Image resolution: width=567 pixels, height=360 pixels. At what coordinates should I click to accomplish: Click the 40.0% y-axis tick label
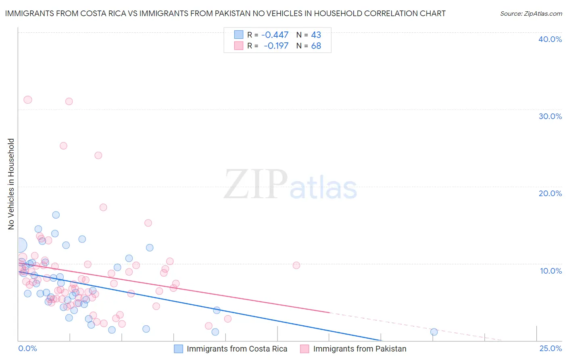(550, 39)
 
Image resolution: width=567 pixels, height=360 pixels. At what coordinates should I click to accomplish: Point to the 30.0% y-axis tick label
(550, 116)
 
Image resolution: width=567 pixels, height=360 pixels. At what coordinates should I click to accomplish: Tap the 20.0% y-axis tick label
(550, 193)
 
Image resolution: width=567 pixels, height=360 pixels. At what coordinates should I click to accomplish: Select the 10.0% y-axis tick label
(550, 271)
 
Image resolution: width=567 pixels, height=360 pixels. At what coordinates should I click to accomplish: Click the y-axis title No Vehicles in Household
(11, 184)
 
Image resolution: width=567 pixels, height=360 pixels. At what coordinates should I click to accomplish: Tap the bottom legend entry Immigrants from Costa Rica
(237, 349)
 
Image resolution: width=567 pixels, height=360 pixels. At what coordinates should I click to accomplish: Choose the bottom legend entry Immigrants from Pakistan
(359, 349)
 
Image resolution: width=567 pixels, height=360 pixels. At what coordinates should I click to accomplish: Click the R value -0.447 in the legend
(275, 35)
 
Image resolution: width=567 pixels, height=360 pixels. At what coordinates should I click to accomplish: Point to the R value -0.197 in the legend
(276, 46)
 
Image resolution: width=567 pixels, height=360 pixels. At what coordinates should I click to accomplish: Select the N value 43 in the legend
(316, 35)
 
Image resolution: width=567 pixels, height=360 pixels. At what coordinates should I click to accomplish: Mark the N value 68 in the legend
(316, 46)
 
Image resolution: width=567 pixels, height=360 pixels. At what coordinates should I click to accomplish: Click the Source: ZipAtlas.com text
(531, 14)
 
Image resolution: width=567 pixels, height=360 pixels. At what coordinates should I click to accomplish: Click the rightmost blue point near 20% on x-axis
(434, 332)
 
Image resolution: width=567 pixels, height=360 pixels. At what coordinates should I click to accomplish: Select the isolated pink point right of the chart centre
(296, 265)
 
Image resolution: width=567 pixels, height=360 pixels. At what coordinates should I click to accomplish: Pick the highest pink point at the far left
(28, 100)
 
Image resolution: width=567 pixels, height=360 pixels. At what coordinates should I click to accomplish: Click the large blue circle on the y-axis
(19, 245)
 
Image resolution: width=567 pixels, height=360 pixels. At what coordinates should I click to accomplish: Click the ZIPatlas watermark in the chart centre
(290, 185)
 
